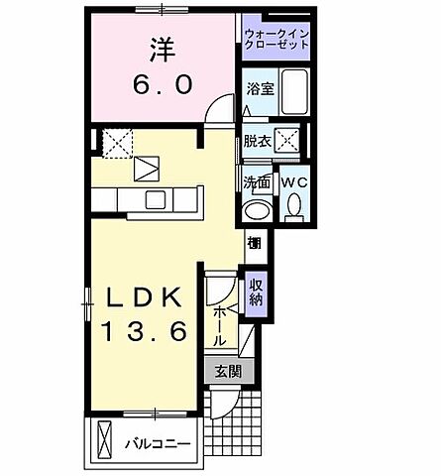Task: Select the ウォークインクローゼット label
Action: [276, 41]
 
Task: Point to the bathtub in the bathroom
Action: [293, 94]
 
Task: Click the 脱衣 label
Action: [258, 142]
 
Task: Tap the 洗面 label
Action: [258, 183]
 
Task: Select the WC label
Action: [293, 183]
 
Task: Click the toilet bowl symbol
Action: [294, 205]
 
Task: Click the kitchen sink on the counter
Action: [156, 199]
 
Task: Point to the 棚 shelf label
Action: [255, 244]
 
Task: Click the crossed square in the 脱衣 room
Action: [287, 140]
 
